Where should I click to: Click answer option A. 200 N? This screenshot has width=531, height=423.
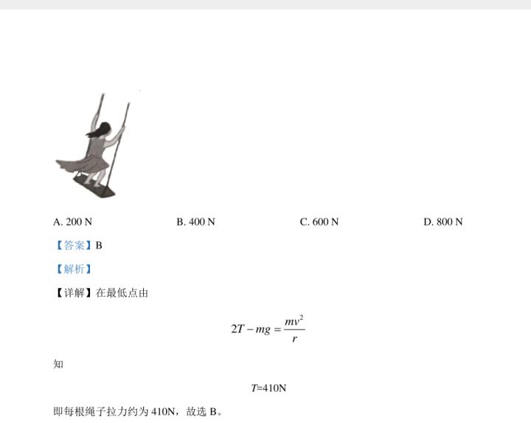(72, 222)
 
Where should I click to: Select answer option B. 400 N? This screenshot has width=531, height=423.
(195, 222)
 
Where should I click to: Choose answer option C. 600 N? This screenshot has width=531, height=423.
(319, 222)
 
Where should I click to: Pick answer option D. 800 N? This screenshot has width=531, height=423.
(443, 222)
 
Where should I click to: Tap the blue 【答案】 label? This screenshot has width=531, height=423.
(74, 245)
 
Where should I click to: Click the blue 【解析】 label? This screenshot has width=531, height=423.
(74, 269)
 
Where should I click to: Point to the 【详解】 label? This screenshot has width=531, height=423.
(73, 293)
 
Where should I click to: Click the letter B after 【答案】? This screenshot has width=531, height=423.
(99, 245)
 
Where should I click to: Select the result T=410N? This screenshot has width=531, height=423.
(269, 388)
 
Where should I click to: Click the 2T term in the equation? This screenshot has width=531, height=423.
(237, 329)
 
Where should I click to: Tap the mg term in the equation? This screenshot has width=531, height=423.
(263, 330)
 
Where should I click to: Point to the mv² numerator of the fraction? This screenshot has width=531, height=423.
(294, 320)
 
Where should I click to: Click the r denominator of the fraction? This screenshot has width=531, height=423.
(294, 338)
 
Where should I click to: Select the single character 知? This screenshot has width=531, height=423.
(58, 365)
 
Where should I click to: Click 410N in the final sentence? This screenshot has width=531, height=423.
(163, 412)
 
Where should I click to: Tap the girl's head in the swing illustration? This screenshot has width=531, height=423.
(105, 128)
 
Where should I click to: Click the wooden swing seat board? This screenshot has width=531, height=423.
(94, 188)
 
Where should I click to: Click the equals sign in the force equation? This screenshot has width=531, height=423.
(277, 329)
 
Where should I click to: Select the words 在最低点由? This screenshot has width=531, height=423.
(122, 293)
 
